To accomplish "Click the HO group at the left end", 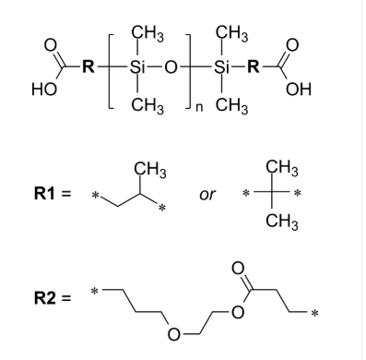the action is (x=43, y=90).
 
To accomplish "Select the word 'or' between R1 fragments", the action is (x=208, y=195).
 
